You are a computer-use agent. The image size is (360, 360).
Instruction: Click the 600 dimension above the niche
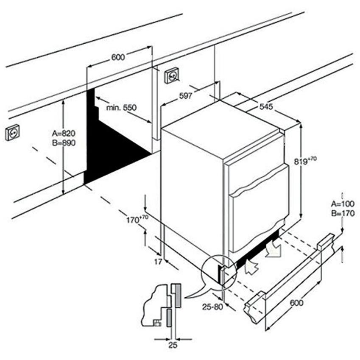(118, 58)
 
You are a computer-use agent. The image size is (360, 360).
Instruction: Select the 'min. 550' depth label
(121, 108)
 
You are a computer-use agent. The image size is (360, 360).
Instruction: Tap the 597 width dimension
(186, 96)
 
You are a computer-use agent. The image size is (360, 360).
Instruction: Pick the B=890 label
(64, 143)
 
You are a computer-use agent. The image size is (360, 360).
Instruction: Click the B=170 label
(342, 214)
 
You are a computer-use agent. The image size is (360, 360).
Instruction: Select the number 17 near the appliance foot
(158, 262)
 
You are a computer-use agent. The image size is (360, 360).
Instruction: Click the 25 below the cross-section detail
(173, 346)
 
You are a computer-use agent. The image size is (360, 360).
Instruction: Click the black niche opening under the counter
(110, 144)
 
